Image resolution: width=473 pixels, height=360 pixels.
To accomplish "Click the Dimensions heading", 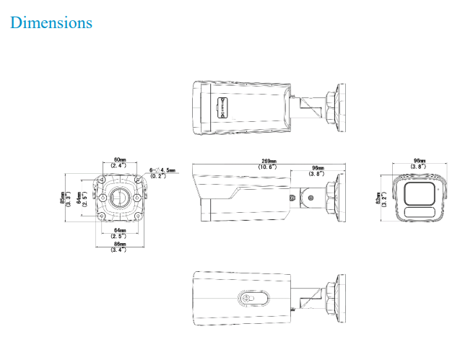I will [x=51, y=22].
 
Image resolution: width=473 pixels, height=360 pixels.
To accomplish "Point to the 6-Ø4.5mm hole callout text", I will [x=162, y=171].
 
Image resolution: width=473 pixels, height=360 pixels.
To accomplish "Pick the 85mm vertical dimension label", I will [x=64, y=198].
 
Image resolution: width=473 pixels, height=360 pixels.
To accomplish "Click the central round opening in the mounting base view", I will [x=120, y=197].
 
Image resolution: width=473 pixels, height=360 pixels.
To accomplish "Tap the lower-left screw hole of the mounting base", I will [x=103, y=214].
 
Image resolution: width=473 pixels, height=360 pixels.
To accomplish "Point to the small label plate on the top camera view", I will [x=222, y=107].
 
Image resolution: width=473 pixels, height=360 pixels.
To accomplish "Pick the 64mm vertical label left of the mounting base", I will [x=80, y=198].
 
